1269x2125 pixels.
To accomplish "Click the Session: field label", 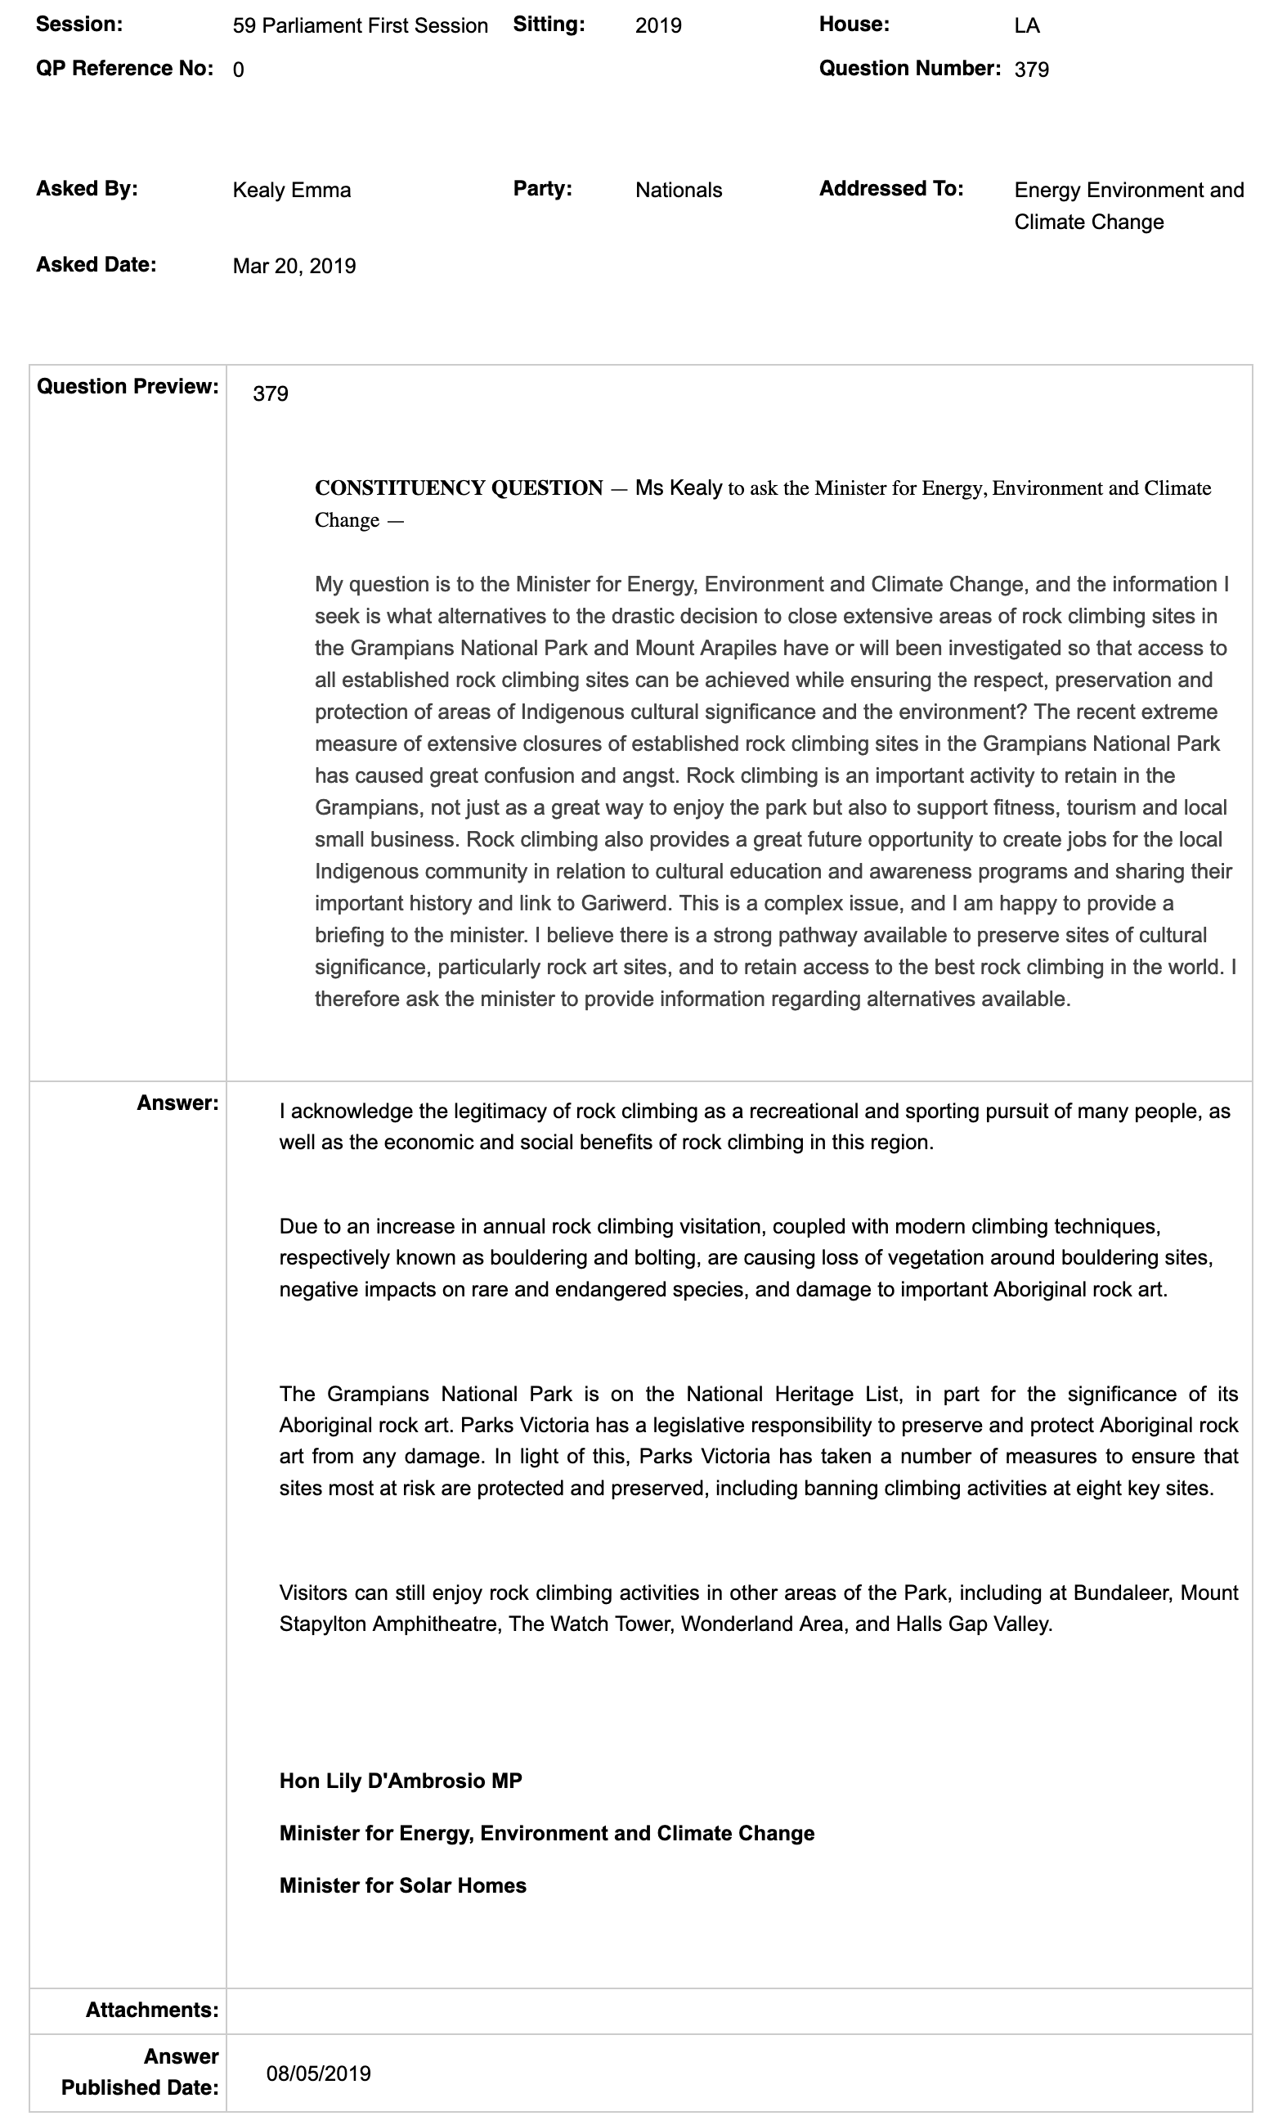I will coord(78,24).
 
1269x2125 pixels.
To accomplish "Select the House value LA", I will coord(1026,25).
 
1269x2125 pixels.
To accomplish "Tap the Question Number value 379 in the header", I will coord(1031,70).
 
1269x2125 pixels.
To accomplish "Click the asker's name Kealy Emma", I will coord(292,190).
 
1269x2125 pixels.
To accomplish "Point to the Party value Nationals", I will coord(678,190).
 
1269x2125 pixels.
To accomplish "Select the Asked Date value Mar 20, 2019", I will coord(294,266).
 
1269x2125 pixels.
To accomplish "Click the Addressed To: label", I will coord(891,188).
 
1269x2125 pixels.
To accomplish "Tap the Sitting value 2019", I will coord(658,25).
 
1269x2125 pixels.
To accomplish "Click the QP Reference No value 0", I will coord(238,70).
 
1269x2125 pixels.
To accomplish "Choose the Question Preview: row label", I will coord(128,387).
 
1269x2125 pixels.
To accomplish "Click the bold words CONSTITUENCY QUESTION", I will coord(460,488).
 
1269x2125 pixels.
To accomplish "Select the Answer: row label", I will coord(177,1103).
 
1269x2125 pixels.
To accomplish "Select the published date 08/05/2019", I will coord(318,2073).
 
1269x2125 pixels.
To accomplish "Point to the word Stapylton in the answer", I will coord(323,1624).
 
